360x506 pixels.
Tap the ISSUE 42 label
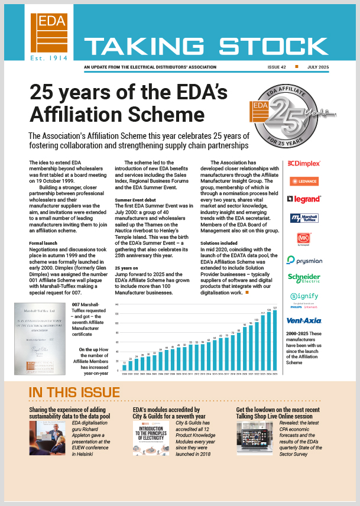point(278,67)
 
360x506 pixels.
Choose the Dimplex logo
point(303,163)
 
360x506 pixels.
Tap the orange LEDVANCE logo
point(304,181)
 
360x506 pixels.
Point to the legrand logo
point(304,199)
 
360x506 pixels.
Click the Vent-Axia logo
point(304,320)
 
